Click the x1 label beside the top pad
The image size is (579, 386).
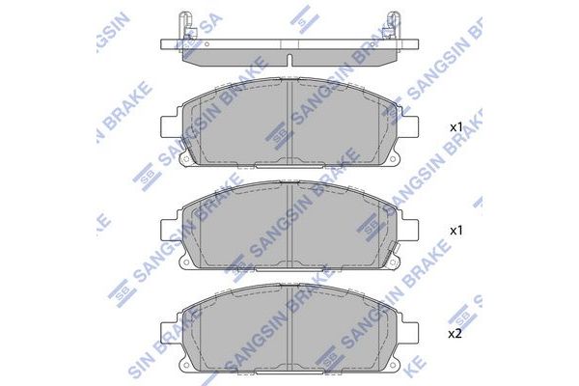(x=456, y=126)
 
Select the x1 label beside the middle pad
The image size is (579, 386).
(x=456, y=232)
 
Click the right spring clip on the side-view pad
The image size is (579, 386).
(x=393, y=24)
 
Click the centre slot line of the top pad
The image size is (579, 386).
(x=290, y=121)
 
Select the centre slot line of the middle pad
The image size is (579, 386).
(x=290, y=227)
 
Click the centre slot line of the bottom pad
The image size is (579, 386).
(x=290, y=328)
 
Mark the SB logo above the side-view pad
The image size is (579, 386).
(x=306, y=14)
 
